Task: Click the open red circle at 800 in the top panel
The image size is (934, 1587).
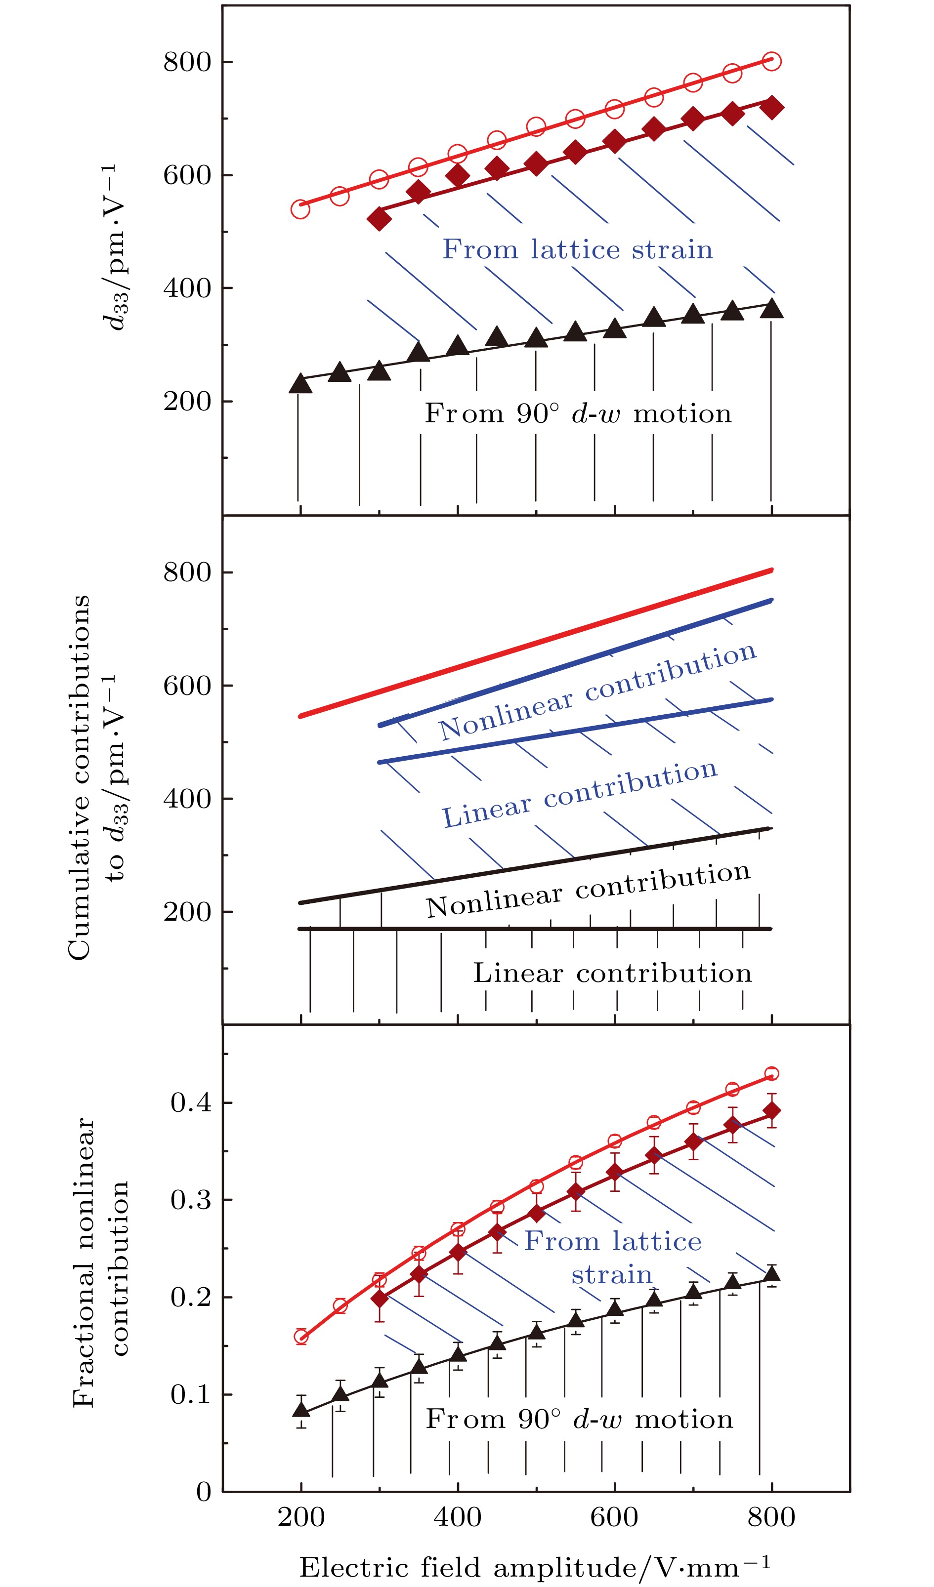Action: click(771, 61)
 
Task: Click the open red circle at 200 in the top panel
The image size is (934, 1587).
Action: click(300, 209)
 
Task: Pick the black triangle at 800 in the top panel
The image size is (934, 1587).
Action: click(771, 309)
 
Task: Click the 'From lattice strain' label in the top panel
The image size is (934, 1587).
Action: click(577, 249)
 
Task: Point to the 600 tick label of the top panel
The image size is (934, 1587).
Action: click(187, 175)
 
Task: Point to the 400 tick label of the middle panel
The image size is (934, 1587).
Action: click(187, 799)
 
